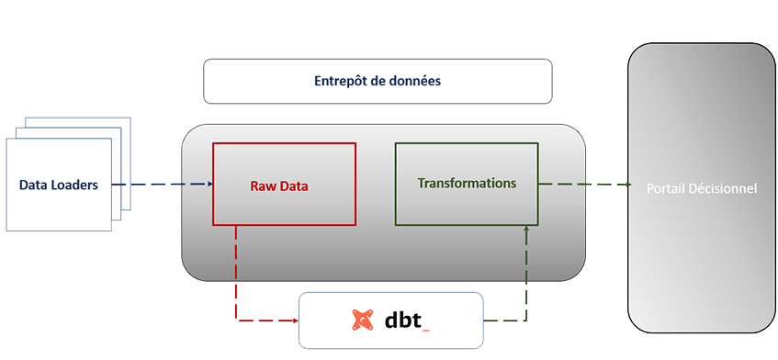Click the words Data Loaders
click(59, 186)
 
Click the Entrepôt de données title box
click(378, 82)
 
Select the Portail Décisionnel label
click(701, 188)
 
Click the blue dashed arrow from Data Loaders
click(165, 185)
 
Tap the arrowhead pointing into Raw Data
click(208, 185)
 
